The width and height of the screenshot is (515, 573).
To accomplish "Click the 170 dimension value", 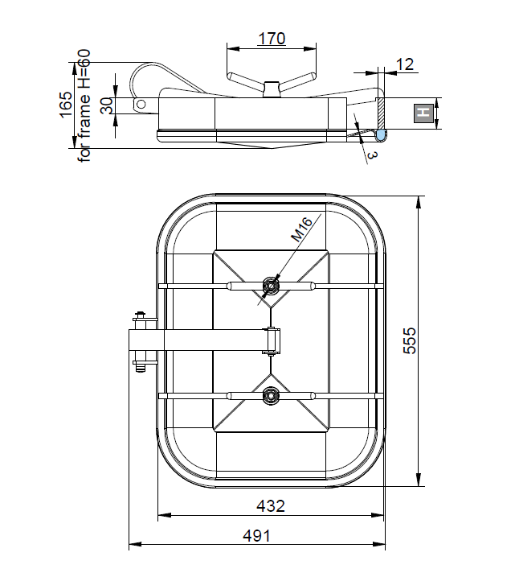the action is (272, 39).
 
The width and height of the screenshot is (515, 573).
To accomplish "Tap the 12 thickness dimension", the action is (405, 64).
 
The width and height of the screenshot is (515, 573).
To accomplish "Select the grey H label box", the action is (424, 113).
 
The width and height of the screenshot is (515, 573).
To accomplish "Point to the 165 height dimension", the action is (66, 105).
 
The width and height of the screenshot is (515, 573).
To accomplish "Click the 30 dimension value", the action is (106, 105).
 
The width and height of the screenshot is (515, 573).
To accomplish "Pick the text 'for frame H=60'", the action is (84, 105).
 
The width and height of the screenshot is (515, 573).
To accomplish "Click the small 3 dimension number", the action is (372, 155).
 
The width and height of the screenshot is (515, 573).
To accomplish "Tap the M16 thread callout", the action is (301, 229).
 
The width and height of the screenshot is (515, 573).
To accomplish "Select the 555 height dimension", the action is (409, 340).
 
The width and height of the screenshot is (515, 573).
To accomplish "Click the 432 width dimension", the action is (271, 506).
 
